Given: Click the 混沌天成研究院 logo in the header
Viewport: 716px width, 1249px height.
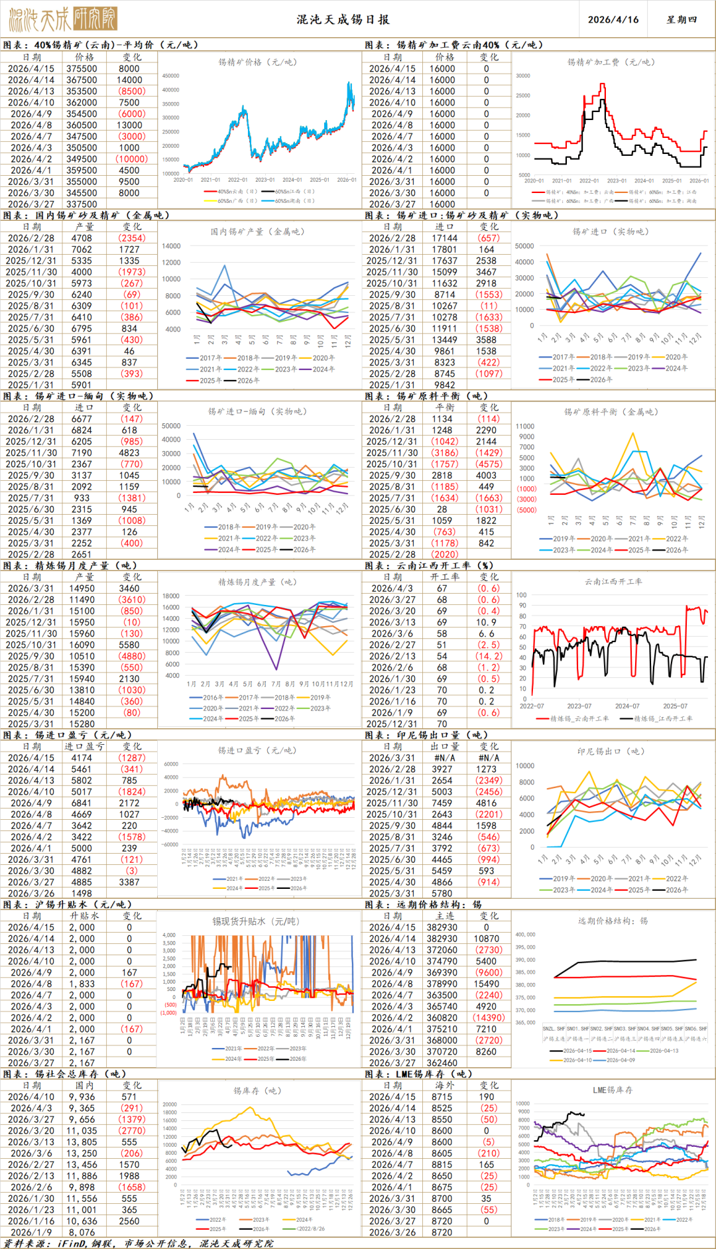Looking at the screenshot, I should (x=62, y=19).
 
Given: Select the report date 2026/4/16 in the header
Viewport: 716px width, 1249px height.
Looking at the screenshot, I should (x=613, y=20).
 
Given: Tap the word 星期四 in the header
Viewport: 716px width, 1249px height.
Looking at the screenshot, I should (x=682, y=20).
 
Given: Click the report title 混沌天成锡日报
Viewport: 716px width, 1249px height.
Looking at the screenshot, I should (x=343, y=20).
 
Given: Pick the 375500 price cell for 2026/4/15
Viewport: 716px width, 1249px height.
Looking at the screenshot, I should (x=82, y=69).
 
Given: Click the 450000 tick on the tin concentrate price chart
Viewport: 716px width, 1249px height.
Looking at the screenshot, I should (x=170, y=76).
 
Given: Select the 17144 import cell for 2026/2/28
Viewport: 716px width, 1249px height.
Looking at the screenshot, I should (x=444, y=238).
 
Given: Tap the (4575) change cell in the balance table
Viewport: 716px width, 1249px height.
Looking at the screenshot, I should (x=489, y=464).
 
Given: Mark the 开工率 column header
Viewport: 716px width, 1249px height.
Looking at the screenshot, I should (x=444, y=577).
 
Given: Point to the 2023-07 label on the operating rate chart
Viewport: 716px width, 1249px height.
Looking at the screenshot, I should (x=579, y=706).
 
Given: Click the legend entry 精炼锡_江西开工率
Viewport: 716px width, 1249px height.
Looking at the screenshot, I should (x=662, y=718).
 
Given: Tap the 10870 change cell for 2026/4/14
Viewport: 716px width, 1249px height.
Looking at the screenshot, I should (x=487, y=939).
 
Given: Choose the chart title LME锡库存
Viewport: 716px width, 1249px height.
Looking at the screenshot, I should (x=612, y=1090).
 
